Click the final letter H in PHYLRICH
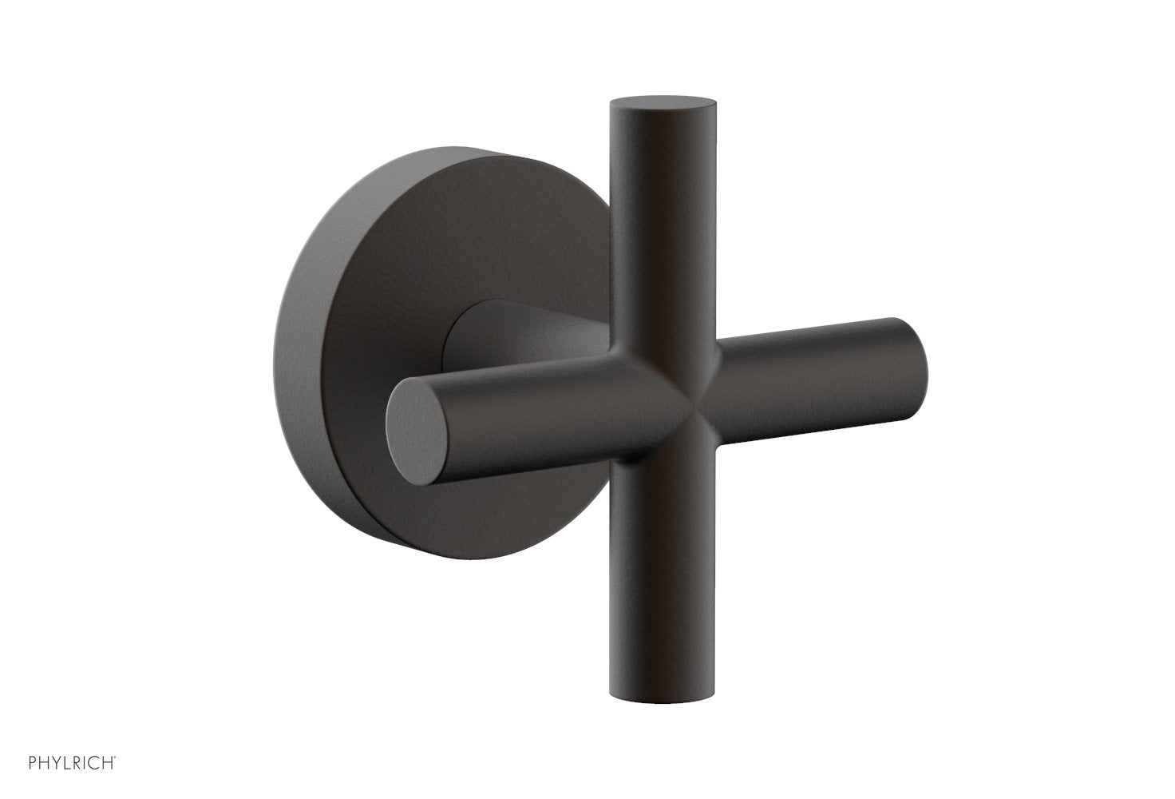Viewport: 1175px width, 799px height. [109, 776]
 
